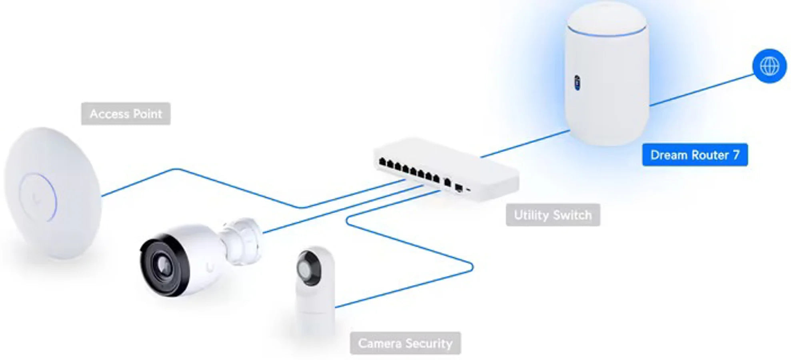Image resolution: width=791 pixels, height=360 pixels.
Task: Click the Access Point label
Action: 126,114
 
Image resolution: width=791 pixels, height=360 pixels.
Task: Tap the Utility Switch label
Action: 553,215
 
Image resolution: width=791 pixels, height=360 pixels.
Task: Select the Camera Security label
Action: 405,343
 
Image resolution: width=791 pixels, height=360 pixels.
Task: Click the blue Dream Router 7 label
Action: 695,155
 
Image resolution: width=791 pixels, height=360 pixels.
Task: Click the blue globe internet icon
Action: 769,66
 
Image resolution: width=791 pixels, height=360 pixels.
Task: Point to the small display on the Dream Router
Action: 577,82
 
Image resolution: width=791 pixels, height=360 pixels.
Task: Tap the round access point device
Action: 53,193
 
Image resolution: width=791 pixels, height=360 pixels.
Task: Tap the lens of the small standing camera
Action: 309,268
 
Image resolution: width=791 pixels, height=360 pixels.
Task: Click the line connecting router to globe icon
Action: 702,90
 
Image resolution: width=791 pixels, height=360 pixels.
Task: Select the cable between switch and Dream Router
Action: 525,144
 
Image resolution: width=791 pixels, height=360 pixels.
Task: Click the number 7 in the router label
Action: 736,155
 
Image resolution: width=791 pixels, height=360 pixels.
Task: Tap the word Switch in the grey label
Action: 573,215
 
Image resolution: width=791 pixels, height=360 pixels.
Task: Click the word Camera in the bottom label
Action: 380,343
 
